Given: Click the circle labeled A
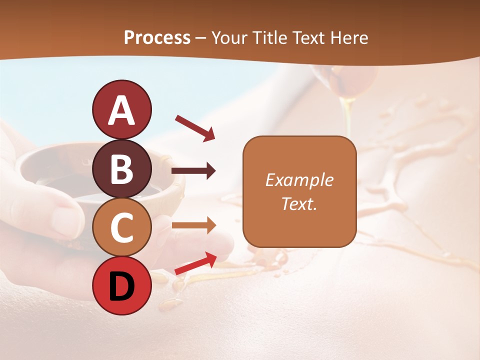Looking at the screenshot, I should pos(121,109).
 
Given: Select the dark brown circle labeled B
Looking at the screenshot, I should pos(121,168).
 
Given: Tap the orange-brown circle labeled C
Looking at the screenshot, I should pos(121,227).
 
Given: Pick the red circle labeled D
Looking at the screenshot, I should pos(121,286).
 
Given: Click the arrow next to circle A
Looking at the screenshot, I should pos(195,127).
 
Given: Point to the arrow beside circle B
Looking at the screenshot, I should pos(193,171).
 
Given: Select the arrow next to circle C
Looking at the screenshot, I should pos(193,225).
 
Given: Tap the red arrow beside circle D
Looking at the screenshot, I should pos(195,263).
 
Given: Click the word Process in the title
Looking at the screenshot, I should pos(157,37).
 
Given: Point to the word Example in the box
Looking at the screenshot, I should pos(299,180).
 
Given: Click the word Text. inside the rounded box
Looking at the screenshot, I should pos(299,203).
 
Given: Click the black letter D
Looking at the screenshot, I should pos(121,286).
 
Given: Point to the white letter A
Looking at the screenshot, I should pos(121,110).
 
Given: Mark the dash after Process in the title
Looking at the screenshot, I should pos(201,38).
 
